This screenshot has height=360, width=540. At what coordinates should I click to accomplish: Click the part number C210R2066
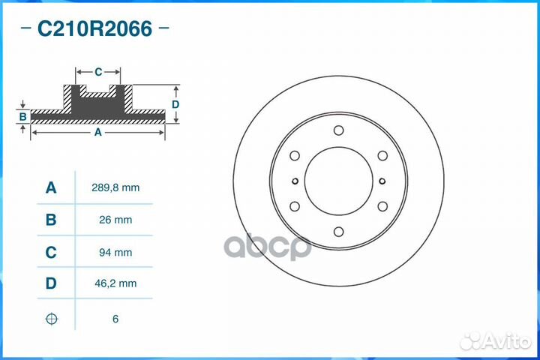pyautogui.click(x=94, y=29)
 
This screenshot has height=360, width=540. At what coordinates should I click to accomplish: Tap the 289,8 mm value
pyautogui.click(x=115, y=187)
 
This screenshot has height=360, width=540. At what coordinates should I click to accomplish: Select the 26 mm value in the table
pyautogui.click(x=115, y=220)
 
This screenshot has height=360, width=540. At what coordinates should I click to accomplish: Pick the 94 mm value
pyautogui.click(x=115, y=253)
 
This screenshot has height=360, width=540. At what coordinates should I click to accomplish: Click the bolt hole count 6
pyautogui.click(x=115, y=319)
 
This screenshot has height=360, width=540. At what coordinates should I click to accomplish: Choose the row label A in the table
pyautogui.click(x=51, y=187)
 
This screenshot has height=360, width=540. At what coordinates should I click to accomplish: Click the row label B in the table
pyautogui.click(x=51, y=220)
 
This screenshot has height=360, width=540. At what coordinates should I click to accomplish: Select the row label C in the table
pyautogui.click(x=51, y=253)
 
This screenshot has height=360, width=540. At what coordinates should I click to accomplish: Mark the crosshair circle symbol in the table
pyautogui.click(x=51, y=319)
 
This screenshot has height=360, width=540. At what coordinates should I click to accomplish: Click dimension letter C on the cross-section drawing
pyautogui.click(x=98, y=72)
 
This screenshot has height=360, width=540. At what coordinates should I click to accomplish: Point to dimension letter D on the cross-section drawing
pyautogui.click(x=175, y=104)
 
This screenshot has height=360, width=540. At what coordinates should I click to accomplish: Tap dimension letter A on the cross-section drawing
pyautogui.click(x=97, y=132)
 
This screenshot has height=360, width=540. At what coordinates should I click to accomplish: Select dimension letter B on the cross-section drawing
pyautogui.click(x=23, y=116)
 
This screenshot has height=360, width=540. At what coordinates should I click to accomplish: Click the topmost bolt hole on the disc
pyautogui.click(x=338, y=130)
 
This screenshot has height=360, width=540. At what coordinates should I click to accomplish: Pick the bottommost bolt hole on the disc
pyautogui.click(x=338, y=232)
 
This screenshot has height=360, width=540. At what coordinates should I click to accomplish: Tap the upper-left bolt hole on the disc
pyautogui.click(x=295, y=156)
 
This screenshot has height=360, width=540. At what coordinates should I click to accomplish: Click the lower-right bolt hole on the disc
pyautogui.click(x=382, y=206)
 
